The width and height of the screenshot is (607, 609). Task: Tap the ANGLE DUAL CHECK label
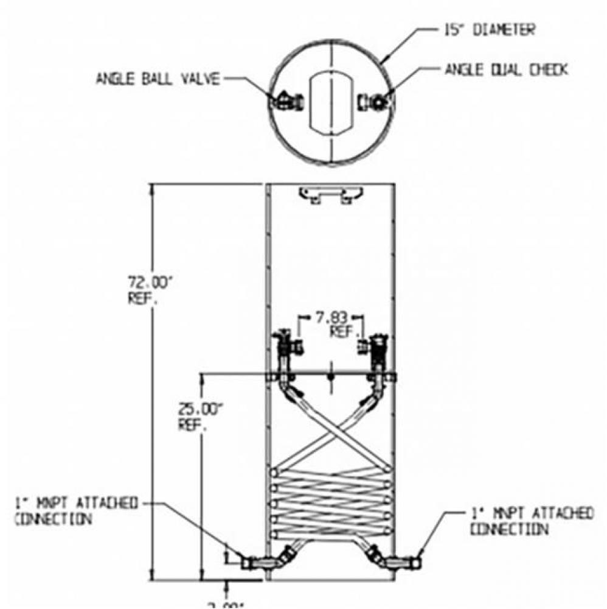point(506,70)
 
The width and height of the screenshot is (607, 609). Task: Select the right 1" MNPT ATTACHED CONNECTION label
point(530,521)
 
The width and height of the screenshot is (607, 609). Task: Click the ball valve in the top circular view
point(287,100)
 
